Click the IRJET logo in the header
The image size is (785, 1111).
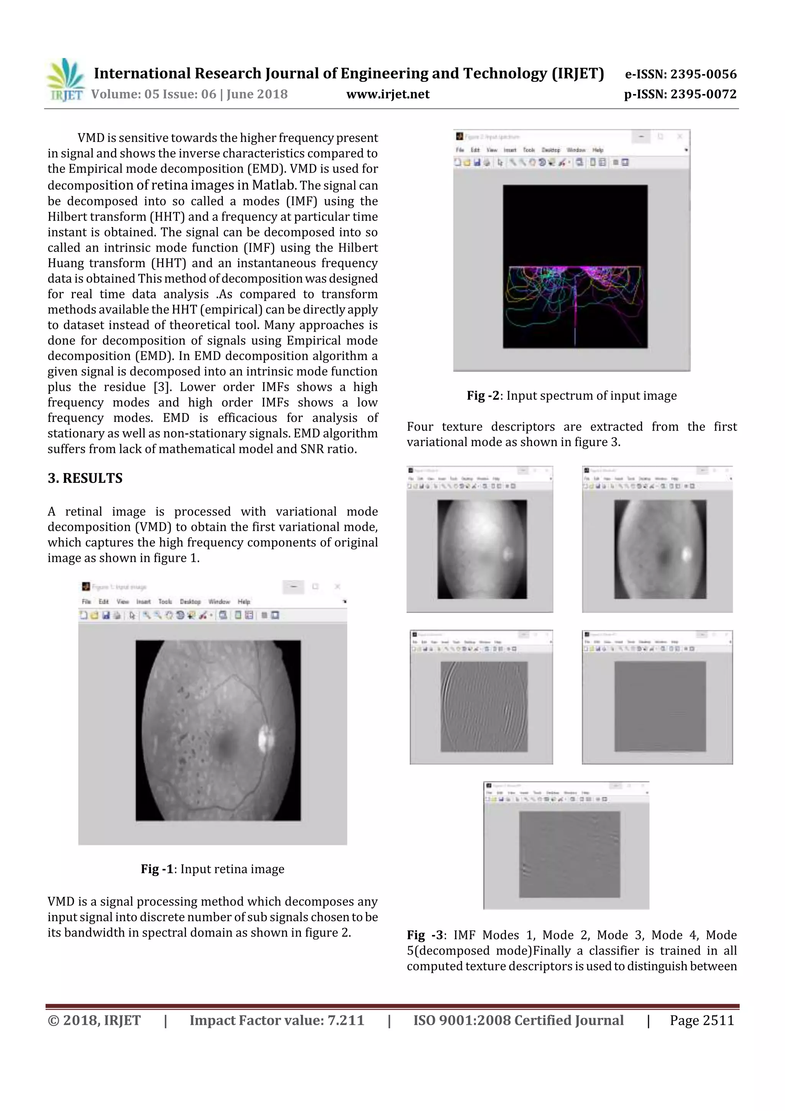(65, 80)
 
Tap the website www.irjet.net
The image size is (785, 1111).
(388, 94)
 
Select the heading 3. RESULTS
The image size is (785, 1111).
(85, 478)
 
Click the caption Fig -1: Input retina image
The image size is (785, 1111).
(212, 869)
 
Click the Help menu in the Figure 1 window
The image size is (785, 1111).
(244, 601)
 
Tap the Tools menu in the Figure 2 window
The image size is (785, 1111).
(529, 150)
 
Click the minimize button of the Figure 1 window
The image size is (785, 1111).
(293, 586)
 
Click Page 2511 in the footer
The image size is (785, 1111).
(702, 1020)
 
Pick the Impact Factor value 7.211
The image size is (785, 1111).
(345, 1020)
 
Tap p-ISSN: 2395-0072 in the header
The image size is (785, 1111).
(680, 94)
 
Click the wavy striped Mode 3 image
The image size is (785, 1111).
(484, 706)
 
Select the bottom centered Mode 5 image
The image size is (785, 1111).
(569, 854)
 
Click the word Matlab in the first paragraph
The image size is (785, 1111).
(273, 185)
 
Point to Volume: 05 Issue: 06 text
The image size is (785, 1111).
(189, 94)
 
